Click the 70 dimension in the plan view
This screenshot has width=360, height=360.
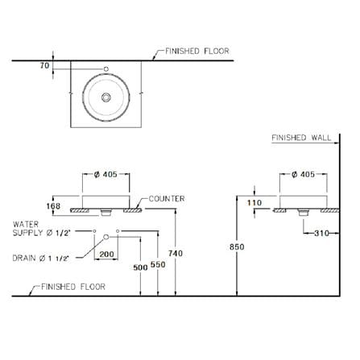44,65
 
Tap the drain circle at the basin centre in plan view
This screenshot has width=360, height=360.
106,97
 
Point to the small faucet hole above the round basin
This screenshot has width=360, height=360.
106,69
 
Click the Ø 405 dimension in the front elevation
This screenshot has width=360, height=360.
106,175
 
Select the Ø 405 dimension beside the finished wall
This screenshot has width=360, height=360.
303,175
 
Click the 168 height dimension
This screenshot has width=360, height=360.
53,206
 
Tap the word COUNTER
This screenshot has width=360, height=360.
167,199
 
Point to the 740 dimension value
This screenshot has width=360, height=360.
176,253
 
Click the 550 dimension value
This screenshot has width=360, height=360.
158,265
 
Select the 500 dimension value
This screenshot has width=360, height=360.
140,267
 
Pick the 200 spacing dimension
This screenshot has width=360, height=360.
106,254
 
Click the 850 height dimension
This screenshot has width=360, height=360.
237,246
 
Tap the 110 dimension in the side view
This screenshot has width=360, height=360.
254,203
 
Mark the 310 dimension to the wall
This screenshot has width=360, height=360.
321,233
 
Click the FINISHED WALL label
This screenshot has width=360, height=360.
301,138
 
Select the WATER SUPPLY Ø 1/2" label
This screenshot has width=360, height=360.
41,229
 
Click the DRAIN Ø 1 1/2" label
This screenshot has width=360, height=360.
41,259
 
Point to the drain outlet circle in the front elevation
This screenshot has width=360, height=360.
106,237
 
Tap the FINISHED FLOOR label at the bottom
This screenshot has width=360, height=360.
73,287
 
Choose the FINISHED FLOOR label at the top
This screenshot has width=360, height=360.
197,51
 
